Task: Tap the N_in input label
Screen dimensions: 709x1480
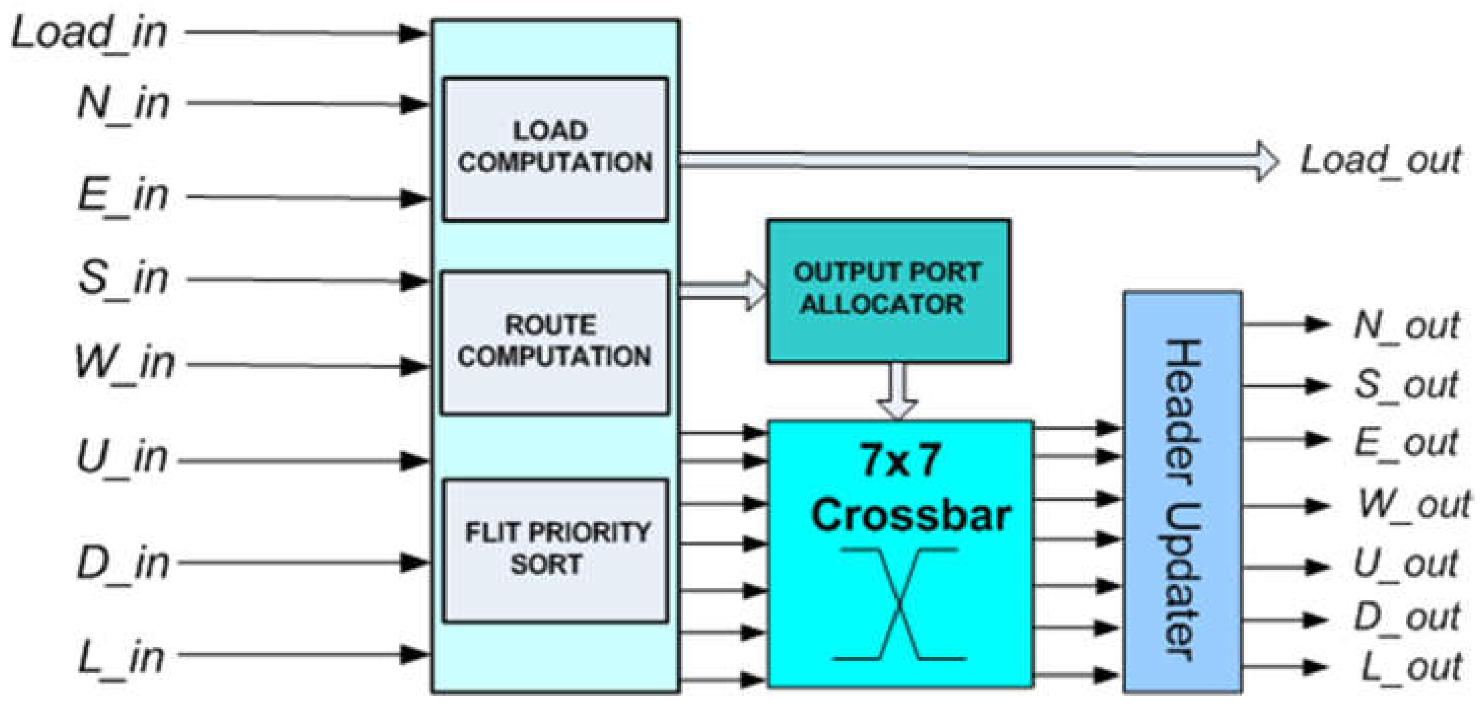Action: tap(123, 104)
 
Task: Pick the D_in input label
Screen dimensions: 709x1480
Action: tap(123, 562)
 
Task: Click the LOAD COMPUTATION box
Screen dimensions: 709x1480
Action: tap(555, 148)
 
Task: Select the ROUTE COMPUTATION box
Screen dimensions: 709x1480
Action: tap(555, 342)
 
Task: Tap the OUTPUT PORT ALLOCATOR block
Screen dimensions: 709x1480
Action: tap(888, 290)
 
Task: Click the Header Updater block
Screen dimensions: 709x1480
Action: tap(1182, 492)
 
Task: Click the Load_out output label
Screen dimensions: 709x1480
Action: tap(1380, 161)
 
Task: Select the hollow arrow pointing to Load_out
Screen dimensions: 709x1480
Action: tap(977, 160)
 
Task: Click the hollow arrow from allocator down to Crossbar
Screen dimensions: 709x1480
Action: tap(898, 391)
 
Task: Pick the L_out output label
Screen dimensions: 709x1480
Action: tap(1411, 667)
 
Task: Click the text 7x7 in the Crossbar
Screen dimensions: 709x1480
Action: tap(900, 460)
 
